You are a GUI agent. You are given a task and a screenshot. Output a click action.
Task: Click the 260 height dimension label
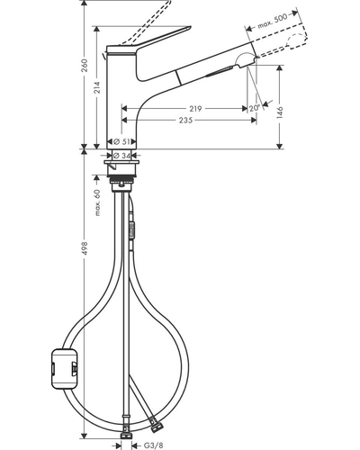(x=85, y=65)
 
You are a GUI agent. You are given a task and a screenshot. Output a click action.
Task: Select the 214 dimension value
(x=97, y=87)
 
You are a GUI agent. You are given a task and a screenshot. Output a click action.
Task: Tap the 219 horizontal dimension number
(x=195, y=108)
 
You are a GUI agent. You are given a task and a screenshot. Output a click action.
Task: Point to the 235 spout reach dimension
(x=186, y=121)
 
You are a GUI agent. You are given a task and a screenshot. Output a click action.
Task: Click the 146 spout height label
(x=280, y=112)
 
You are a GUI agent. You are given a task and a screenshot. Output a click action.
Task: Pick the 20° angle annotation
(x=254, y=108)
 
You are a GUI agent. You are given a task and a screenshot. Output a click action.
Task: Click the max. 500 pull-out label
(x=273, y=21)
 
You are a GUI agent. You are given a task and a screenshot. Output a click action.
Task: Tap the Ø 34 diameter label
(x=122, y=155)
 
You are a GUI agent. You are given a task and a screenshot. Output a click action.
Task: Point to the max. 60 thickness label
(x=97, y=202)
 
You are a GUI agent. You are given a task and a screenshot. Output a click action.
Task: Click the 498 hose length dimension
(x=85, y=248)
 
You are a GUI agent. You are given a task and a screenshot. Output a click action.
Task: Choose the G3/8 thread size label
(x=153, y=445)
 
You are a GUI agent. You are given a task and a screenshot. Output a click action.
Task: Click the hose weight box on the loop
(x=65, y=368)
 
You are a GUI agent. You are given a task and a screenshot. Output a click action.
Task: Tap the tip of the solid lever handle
(x=190, y=28)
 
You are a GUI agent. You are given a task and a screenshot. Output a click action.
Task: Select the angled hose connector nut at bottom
(x=157, y=427)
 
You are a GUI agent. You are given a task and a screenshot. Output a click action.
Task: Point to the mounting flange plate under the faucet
(x=121, y=163)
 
